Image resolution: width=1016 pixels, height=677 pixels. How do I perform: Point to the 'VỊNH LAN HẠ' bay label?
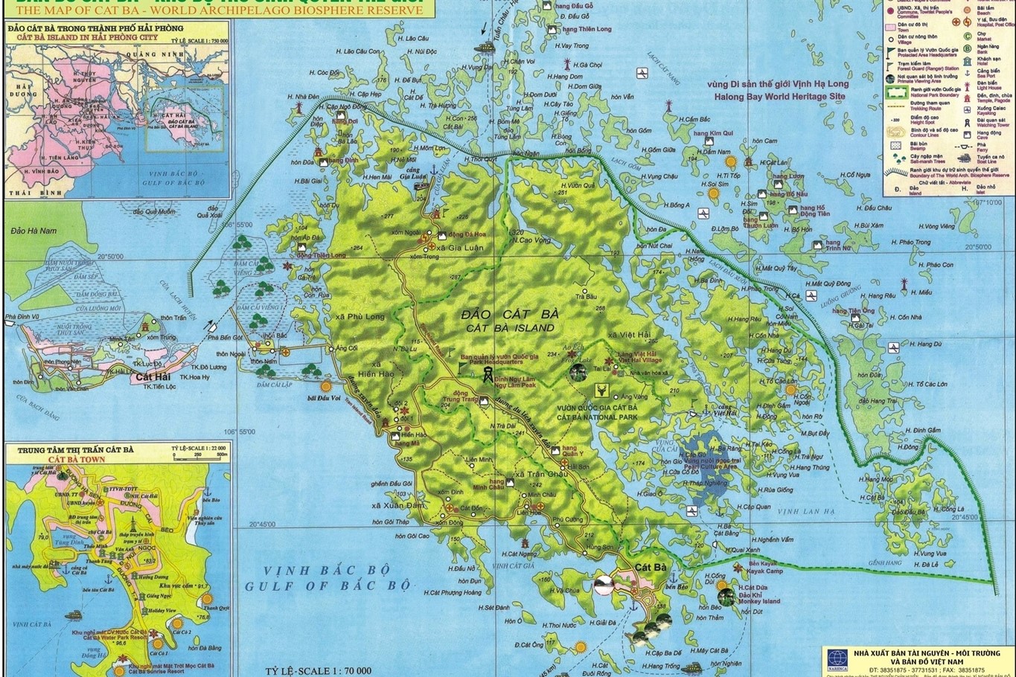point(808,511)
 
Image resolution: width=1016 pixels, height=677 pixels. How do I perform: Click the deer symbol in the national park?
point(601,388)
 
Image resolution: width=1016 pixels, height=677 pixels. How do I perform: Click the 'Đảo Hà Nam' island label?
point(33,231)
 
